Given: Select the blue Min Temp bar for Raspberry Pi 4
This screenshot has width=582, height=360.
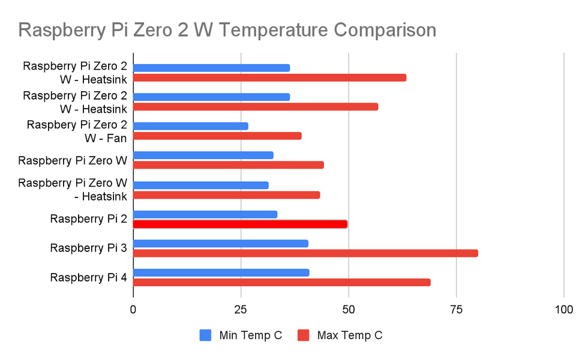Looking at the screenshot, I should click(x=221, y=272).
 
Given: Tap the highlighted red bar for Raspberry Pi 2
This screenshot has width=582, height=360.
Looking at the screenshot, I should click(x=240, y=224).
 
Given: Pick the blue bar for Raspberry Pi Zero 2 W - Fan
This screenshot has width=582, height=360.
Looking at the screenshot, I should click(x=190, y=126).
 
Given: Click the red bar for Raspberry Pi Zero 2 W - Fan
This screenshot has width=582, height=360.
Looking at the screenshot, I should click(x=217, y=136).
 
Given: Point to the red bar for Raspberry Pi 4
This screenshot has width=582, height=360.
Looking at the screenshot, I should click(x=281, y=283).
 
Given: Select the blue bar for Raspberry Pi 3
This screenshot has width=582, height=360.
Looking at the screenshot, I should click(x=220, y=244).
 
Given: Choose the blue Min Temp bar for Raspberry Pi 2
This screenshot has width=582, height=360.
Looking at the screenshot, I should click(x=205, y=214).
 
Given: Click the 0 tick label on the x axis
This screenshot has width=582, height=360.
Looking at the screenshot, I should click(x=133, y=310).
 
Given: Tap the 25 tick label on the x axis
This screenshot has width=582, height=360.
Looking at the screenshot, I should click(x=241, y=310).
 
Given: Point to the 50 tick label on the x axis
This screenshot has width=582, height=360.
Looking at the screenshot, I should click(x=349, y=310).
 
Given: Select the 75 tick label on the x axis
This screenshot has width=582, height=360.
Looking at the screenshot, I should click(x=456, y=310).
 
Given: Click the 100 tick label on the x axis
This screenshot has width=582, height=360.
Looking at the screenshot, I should click(x=563, y=310).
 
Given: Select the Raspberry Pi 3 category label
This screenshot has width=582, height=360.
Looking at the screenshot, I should click(x=88, y=248).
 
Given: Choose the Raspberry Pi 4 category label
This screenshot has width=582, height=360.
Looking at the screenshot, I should click(x=88, y=278).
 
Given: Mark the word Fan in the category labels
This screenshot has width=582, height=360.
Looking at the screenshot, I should click(x=117, y=139).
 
